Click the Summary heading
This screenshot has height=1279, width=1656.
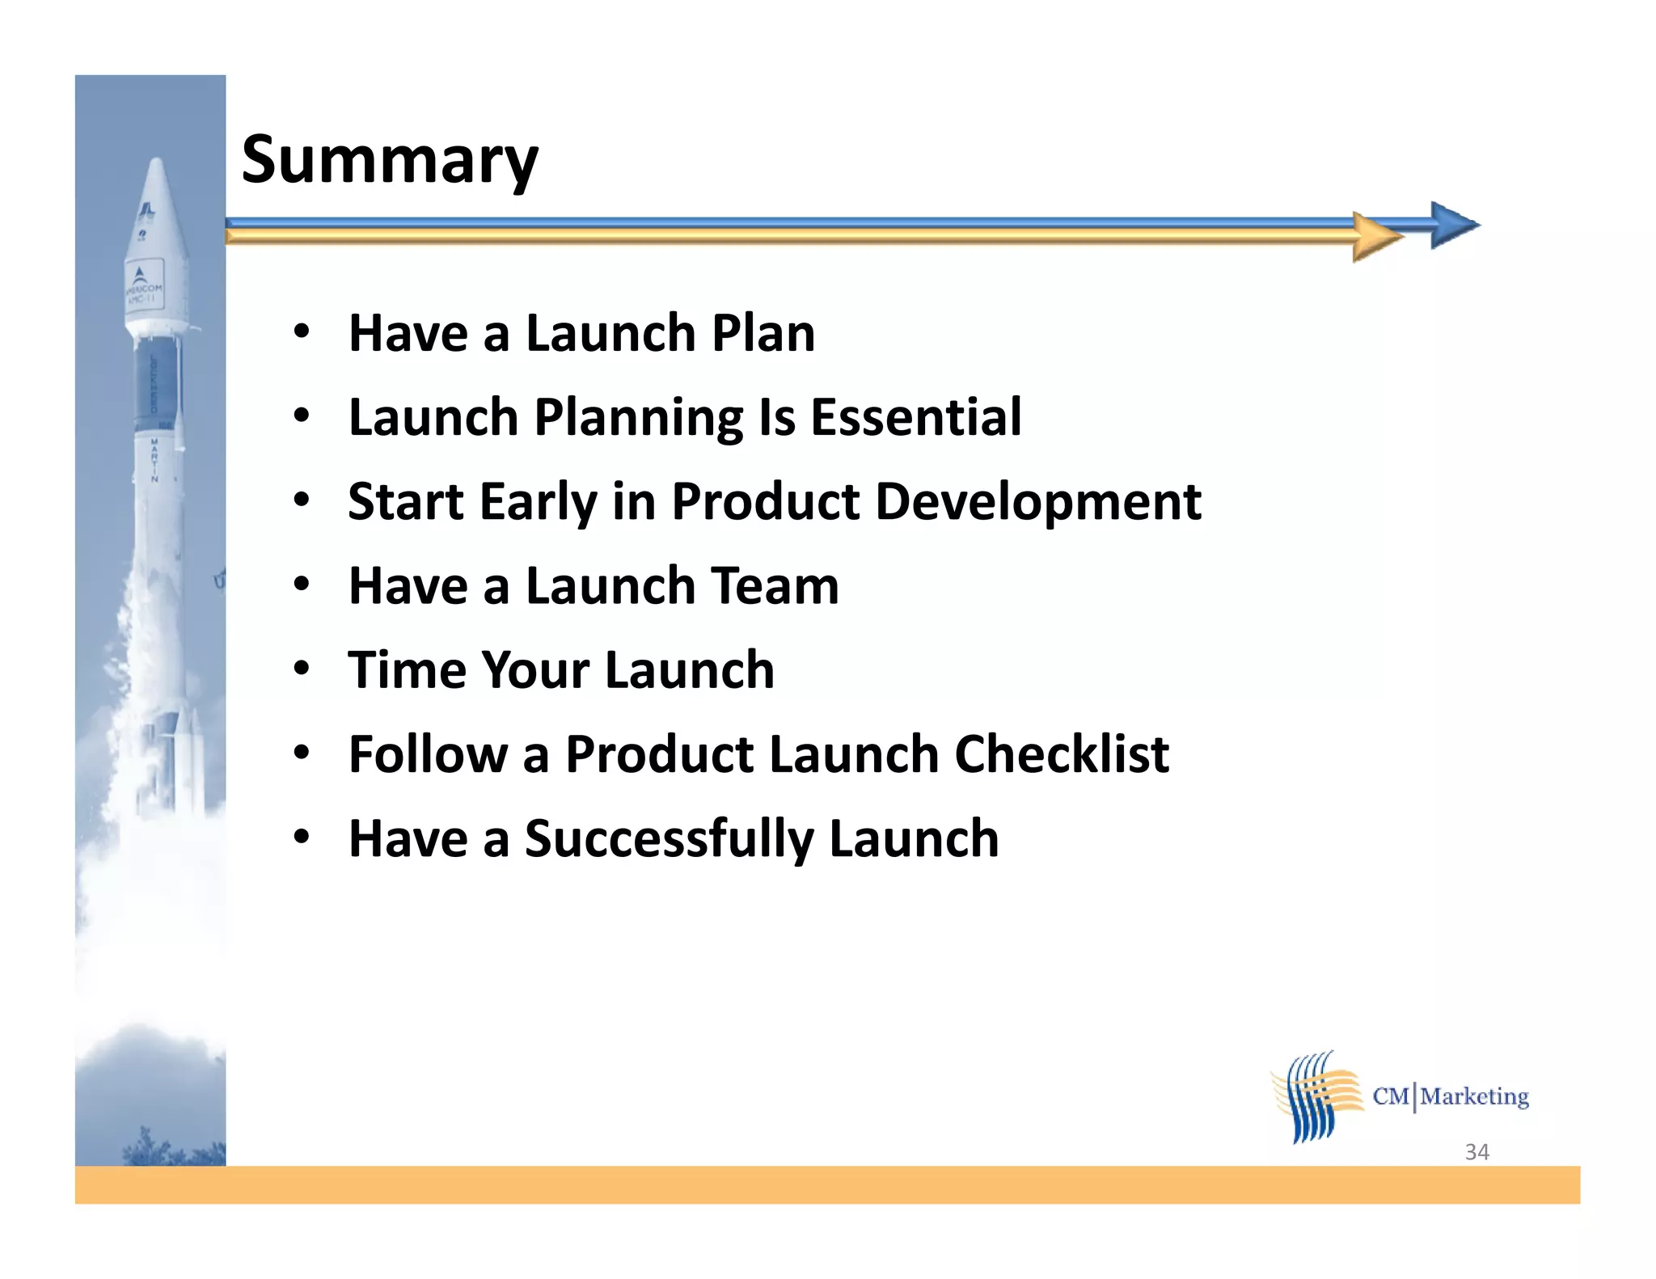(389, 161)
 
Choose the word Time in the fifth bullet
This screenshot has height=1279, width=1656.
(407, 669)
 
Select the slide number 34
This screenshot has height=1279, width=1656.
(1476, 1151)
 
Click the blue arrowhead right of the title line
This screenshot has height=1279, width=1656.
(1454, 225)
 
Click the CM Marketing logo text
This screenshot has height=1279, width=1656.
(1451, 1096)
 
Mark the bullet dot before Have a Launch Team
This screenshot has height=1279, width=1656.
(302, 584)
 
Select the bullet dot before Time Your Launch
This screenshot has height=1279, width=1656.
(302, 668)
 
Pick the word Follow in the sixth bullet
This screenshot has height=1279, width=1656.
(428, 754)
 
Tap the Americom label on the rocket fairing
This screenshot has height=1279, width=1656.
(143, 289)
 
